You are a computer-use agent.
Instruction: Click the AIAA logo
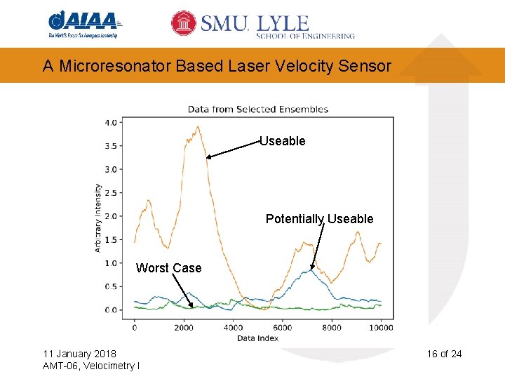(84, 25)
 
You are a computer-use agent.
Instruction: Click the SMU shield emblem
(184, 23)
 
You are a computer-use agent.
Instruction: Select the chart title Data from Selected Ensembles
(257, 109)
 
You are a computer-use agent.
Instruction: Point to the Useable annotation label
(283, 141)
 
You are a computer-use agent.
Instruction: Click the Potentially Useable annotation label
(319, 219)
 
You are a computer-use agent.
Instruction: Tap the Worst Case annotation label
(168, 268)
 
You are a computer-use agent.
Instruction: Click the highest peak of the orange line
(198, 127)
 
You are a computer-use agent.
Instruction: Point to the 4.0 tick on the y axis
(111, 122)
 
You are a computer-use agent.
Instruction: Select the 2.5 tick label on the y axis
(111, 193)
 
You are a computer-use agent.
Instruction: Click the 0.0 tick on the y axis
(111, 310)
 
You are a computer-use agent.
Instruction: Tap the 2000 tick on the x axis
(184, 327)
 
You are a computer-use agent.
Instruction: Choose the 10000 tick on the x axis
(380, 327)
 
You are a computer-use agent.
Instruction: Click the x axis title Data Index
(257, 338)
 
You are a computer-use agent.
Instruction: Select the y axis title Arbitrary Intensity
(98, 218)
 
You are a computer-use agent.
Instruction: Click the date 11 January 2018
(79, 353)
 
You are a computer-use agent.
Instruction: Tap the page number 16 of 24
(444, 353)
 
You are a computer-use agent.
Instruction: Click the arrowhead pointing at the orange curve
(208, 158)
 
